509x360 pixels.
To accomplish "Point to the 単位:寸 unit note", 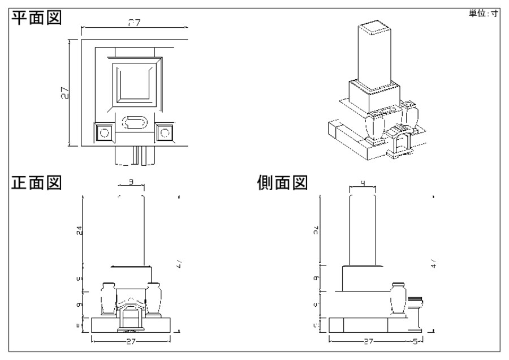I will point(482,14).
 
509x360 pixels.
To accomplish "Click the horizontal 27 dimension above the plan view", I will point(133,23).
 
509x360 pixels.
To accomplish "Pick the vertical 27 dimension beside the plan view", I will point(66,93).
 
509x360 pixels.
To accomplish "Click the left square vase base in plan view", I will point(103,132).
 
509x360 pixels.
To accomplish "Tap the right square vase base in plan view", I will point(165,132).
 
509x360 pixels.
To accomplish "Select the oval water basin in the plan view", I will point(135,122).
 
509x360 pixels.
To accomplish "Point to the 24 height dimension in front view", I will point(80,230).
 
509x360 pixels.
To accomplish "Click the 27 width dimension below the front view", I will point(130,342).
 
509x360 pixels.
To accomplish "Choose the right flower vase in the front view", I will point(152,298).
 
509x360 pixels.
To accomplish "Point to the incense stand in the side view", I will point(417,311).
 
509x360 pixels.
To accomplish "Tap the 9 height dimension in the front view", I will point(80,305).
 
